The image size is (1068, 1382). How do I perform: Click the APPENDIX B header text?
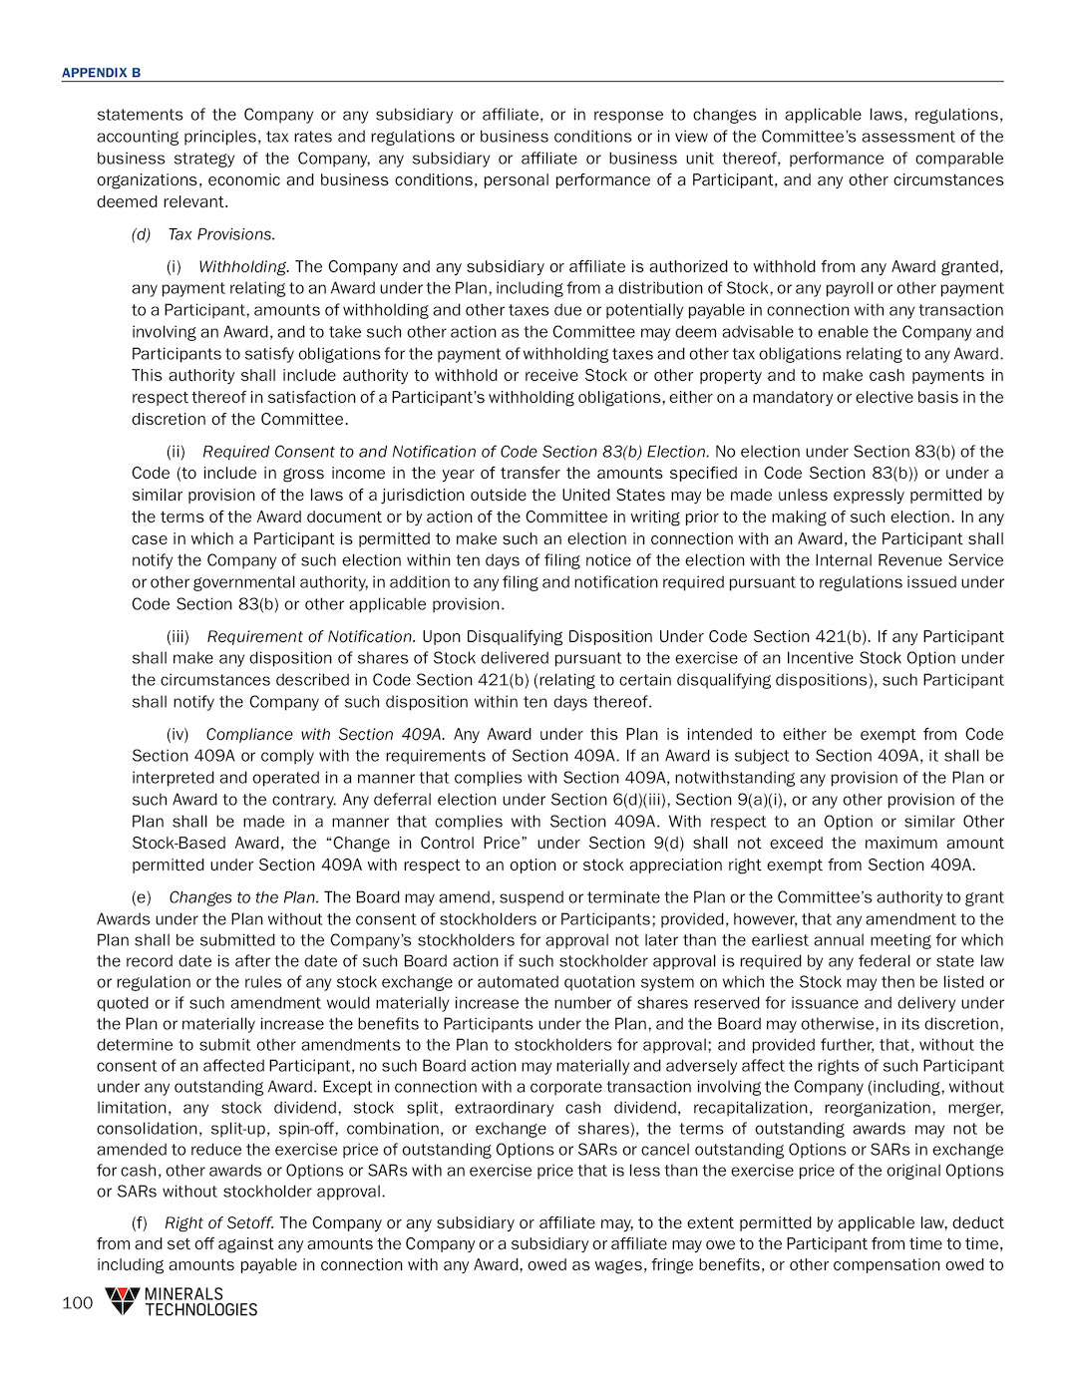click(x=101, y=73)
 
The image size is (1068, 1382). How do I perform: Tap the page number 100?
click(x=77, y=1302)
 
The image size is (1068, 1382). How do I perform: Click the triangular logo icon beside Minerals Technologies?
click(x=122, y=1300)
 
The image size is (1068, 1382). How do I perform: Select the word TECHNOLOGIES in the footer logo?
click(x=200, y=1310)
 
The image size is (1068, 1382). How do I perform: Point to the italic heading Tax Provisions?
click(x=220, y=234)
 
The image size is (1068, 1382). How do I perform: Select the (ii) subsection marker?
click(x=176, y=452)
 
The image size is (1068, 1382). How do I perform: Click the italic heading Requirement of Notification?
click(x=310, y=636)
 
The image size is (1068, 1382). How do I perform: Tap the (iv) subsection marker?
click(x=177, y=734)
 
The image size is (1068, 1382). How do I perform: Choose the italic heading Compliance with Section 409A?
click(x=324, y=734)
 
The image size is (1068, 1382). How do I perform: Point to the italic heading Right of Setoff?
click(x=219, y=1222)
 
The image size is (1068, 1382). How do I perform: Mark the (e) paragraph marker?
click(x=142, y=897)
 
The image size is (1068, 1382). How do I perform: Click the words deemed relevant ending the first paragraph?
click(x=163, y=201)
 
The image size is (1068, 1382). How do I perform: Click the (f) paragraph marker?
click(x=140, y=1222)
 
